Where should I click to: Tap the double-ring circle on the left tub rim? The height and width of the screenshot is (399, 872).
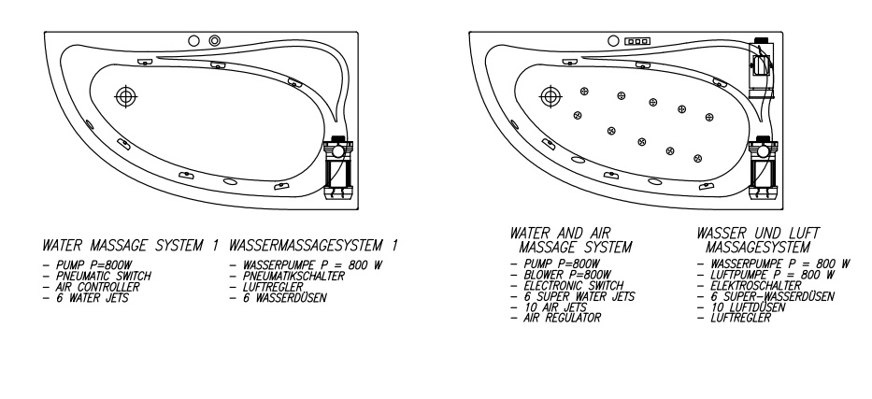click(x=215, y=41)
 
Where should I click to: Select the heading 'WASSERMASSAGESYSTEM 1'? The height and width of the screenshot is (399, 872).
click(x=313, y=247)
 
